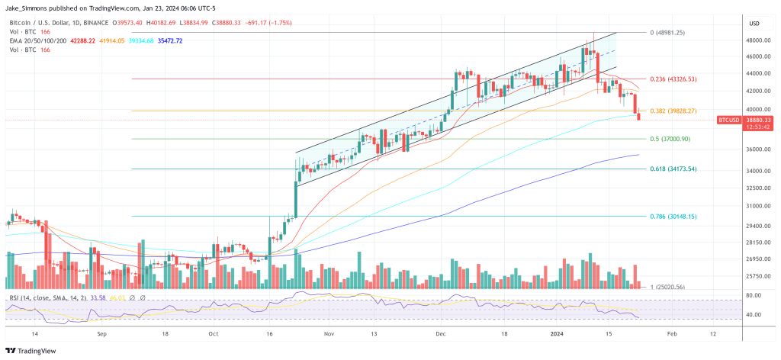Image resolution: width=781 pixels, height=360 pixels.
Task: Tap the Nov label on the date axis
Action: click(329, 334)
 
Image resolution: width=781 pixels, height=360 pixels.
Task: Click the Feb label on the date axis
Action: click(672, 334)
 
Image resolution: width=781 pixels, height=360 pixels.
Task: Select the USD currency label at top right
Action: click(756, 22)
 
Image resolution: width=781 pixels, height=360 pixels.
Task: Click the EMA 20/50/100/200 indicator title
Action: click(37, 40)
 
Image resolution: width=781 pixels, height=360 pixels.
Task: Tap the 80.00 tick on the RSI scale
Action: click(754, 295)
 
